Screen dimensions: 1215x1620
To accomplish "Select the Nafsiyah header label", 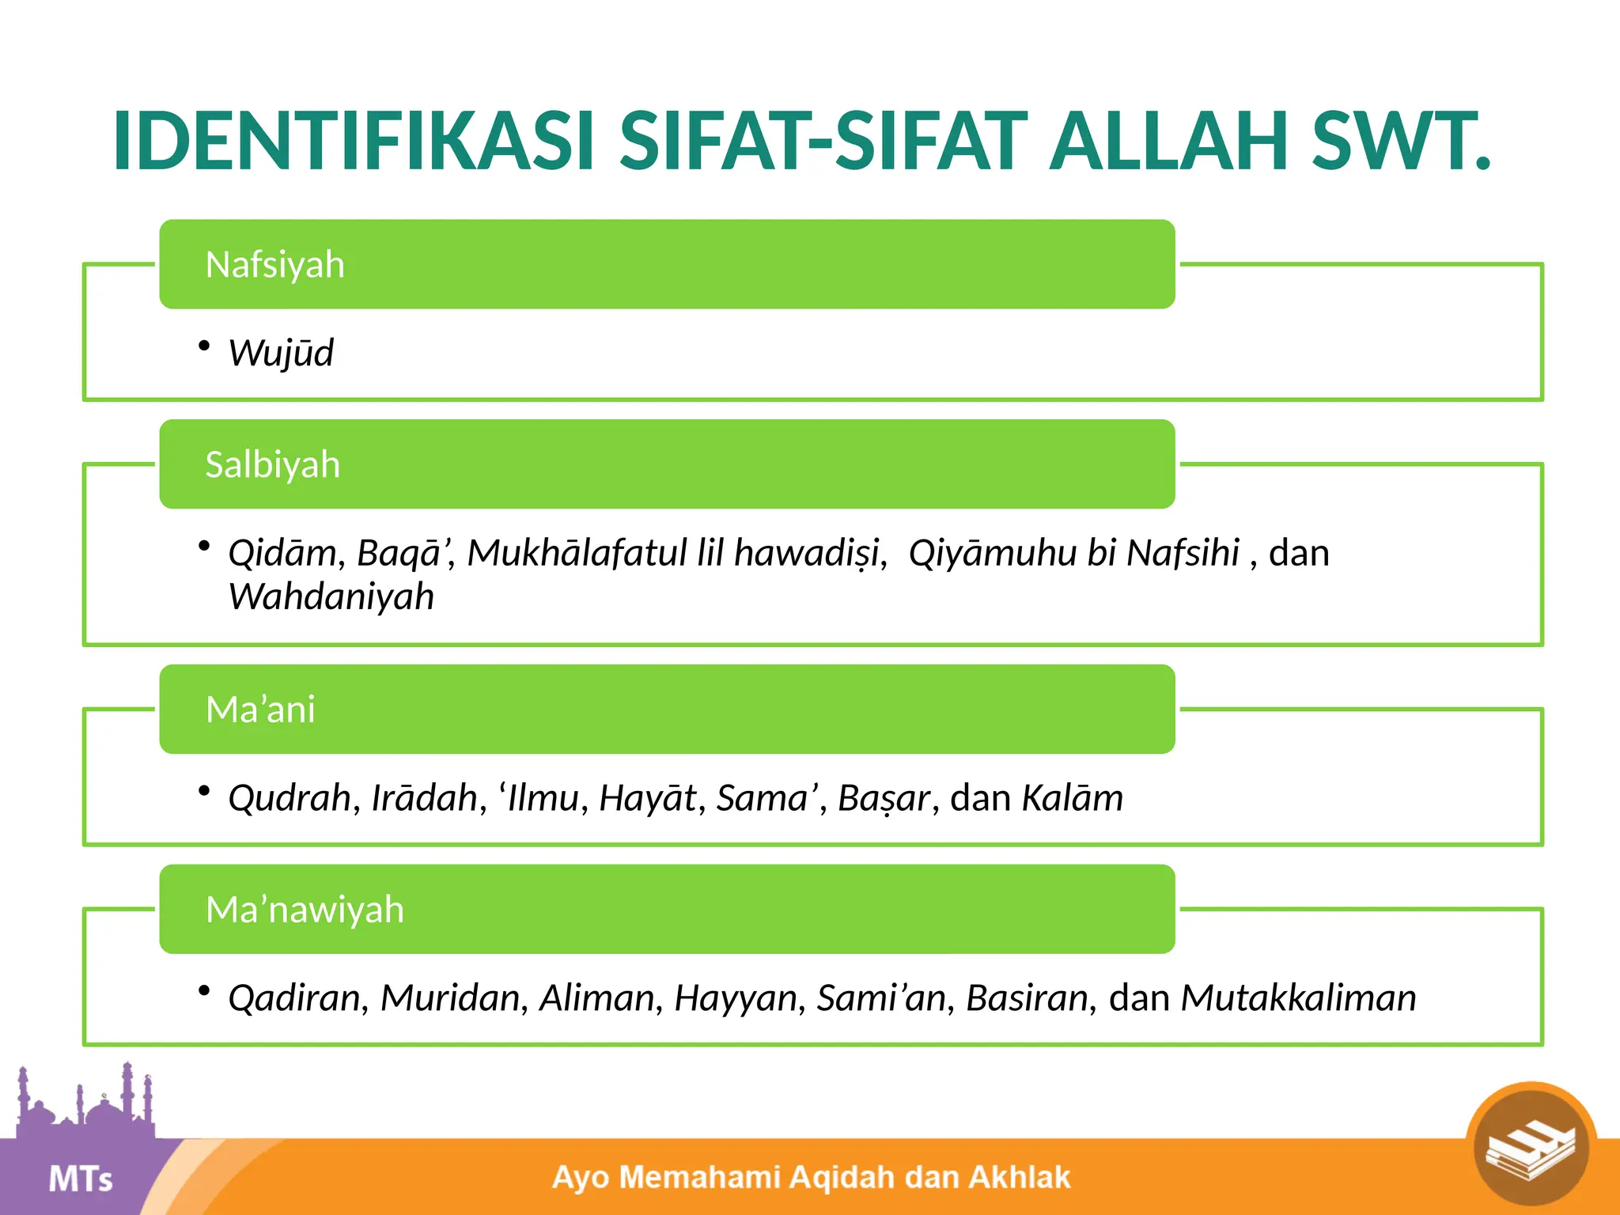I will (274, 265).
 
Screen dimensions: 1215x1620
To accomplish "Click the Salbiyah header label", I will (272, 465).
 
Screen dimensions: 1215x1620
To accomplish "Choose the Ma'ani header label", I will (260, 710).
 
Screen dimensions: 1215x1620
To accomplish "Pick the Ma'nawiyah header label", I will (305, 910).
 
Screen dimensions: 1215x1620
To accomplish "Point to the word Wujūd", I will (281, 354).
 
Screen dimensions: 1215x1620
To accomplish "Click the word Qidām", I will (282, 554).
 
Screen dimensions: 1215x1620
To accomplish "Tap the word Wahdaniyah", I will (331, 597).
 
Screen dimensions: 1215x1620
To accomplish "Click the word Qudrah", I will (290, 798).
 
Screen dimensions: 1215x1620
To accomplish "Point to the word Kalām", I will (1072, 798).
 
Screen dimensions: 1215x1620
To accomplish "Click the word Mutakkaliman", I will (1298, 998).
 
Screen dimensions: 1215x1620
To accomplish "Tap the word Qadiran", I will (294, 998).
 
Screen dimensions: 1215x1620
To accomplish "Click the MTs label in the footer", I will (81, 1179).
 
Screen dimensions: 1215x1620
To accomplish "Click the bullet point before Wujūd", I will (204, 346).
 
